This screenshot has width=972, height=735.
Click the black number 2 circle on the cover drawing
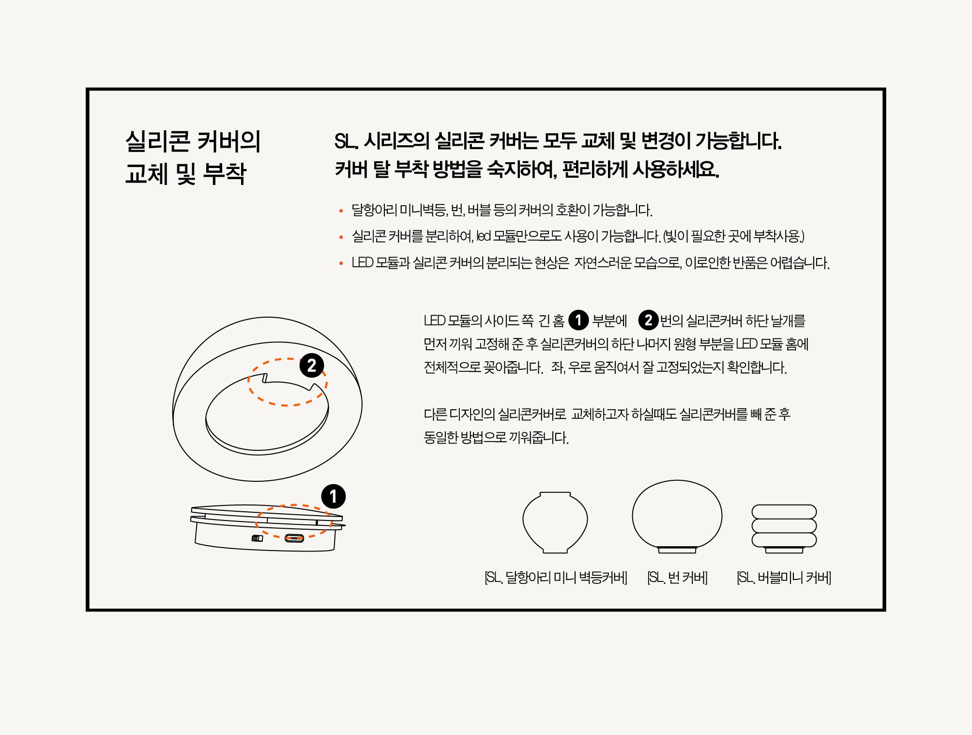(x=312, y=366)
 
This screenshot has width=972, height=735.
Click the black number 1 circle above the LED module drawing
(x=333, y=496)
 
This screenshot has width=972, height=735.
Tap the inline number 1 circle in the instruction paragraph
(x=578, y=321)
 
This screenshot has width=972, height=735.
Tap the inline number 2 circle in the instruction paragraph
(x=648, y=320)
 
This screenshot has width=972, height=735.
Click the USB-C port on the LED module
(x=294, y=538)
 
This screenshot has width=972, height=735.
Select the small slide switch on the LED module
(x=257, y=538)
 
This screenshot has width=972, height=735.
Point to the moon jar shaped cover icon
(x=555, y=522)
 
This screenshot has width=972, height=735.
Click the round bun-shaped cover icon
(x=677, y=516)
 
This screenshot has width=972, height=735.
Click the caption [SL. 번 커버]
(x=677, y=578)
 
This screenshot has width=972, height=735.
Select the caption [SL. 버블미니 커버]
(x=784, y=578)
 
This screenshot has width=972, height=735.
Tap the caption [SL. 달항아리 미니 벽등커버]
(x=556, y=578)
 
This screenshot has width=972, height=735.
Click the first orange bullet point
(x=341, y=211)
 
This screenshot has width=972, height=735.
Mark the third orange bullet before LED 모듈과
(x=341, y=263)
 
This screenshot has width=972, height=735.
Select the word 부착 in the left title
(x=225, y=173)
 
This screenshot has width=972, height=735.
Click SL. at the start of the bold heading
(x=346, y=141)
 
